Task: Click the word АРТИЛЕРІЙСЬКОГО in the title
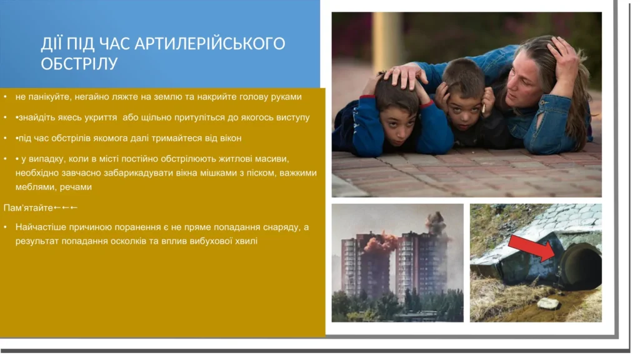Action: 210,44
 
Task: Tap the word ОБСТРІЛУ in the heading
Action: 79,64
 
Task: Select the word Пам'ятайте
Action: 28,207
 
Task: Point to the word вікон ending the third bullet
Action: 231,138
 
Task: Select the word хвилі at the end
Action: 246,241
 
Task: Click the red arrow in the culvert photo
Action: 531,247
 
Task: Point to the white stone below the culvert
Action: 547,303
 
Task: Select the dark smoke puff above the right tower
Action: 435,223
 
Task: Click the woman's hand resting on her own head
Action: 562,57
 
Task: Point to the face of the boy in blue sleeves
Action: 398,122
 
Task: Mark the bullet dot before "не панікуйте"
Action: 5,97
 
